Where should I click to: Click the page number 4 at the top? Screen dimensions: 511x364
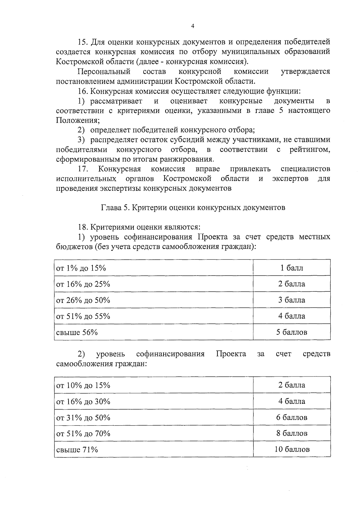pos(193,26)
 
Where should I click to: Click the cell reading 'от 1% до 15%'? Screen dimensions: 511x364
pos(81,268)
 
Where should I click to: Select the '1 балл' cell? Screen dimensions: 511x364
pos(292,268)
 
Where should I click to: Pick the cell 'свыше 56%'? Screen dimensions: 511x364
pos(77,332)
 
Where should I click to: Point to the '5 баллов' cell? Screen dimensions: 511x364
pos(292,332)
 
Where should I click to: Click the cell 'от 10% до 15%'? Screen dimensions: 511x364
pos(83,385)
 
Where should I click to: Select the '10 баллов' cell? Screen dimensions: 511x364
pos(292,449)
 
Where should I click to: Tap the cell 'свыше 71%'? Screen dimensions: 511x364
pos(77,450)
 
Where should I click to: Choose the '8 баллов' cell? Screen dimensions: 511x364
pos(292,433)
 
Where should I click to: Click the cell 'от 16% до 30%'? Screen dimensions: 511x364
pos(83,402)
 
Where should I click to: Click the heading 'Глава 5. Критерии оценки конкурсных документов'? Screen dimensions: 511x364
pos(193,207)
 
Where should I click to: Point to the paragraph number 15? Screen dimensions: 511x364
pos(83,42)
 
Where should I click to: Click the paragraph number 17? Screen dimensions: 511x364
pos(83,169)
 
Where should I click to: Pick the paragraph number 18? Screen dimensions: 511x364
pos(83,227)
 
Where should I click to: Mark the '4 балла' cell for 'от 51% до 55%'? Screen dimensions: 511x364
pos(292,316)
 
